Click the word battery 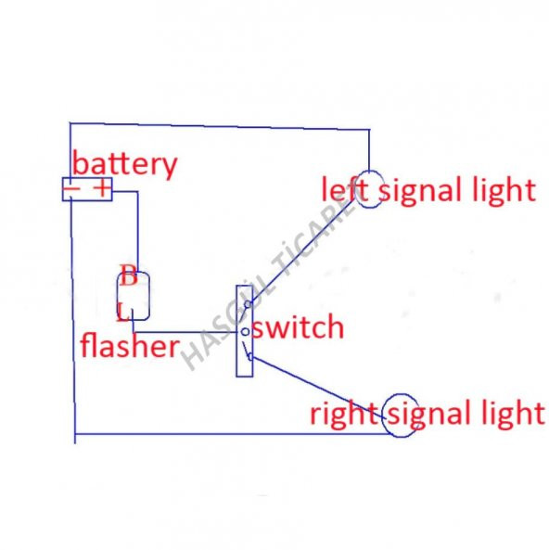pos(124,164)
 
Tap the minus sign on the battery pos(72,190)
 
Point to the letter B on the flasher pos(128,275)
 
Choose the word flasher pos(129,347)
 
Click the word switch pos(298,327)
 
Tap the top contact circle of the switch pos(244,311)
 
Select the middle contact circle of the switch pos(244,331)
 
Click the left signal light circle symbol pos(370,191)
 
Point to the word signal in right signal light pos(432,413)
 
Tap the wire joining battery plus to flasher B pos(137,232)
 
